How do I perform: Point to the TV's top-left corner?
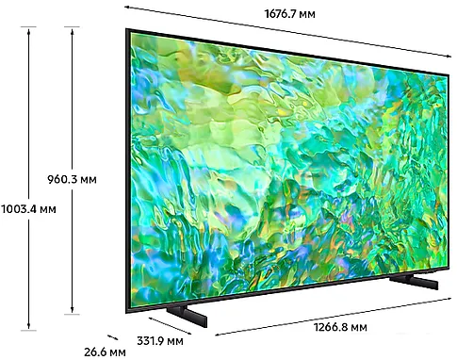click(127, 29)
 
